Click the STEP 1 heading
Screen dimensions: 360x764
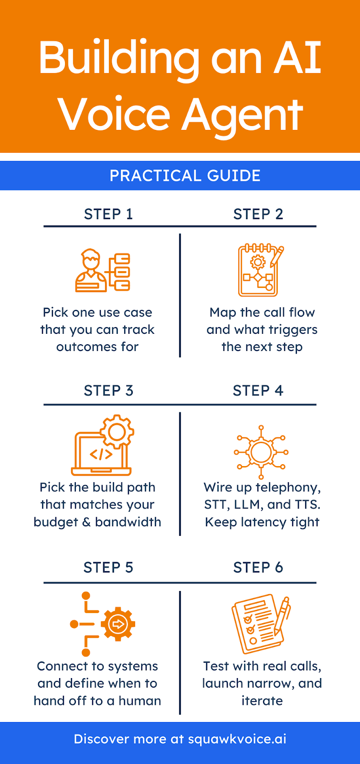click(108, 214)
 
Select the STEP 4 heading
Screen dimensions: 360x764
click(258, 391)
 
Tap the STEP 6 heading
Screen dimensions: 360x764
click(258, 567)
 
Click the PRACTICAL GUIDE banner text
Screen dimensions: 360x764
click(185, 176)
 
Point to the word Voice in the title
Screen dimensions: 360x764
click(114, 115)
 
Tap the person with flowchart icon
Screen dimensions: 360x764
click(103, 270)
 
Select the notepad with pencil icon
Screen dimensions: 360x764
click(260, 270)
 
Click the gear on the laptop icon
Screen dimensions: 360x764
click(117, 432)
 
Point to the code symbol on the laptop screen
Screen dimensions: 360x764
click(101, 454)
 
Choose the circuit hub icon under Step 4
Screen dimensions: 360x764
click(261, 452)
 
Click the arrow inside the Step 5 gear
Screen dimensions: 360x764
click(117, 624)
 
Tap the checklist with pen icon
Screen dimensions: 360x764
click(261, 623)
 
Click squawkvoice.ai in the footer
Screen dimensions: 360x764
click(237, 739)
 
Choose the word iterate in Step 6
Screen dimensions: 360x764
click(262, 700)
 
